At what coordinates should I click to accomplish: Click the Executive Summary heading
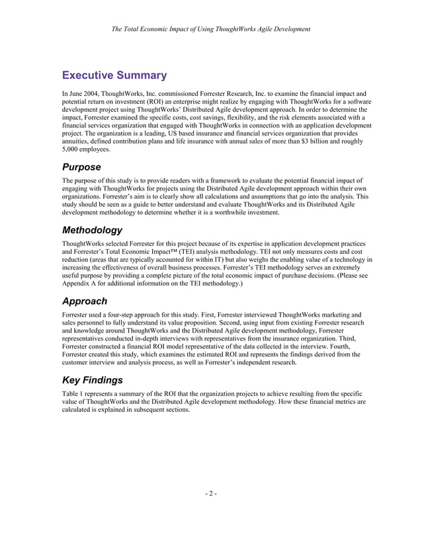114,75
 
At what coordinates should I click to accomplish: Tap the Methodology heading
92,231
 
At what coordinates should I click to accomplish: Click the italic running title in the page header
210,29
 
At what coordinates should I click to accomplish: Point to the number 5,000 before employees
71,150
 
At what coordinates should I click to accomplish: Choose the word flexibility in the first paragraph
253,113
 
